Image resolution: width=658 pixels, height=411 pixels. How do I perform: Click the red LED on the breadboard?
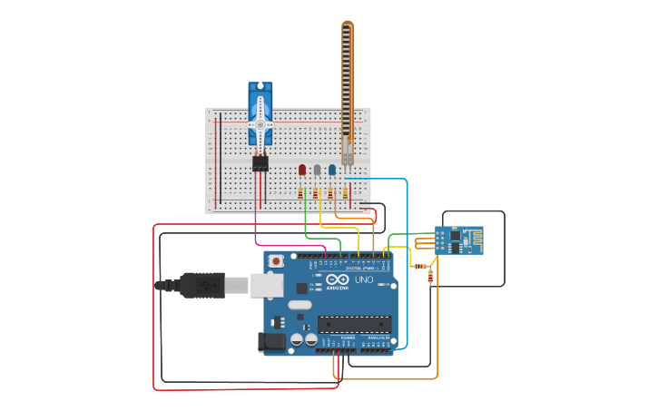click(x=302, y=169)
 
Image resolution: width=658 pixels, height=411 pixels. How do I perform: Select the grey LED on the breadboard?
click(x=317, y=169)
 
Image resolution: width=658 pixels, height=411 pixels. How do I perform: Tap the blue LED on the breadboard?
click(x=331, y=169)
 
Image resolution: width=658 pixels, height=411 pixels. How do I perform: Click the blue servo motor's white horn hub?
click(x=260, y=124)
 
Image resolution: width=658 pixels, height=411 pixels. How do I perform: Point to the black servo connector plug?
click(x=260, y=163)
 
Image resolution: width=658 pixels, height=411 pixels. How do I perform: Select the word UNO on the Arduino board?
click(x=363, y=280)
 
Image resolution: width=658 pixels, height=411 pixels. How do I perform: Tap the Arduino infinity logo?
click(x=334, y=280)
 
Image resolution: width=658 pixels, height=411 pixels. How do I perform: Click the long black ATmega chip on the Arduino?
click(x=354, y=323)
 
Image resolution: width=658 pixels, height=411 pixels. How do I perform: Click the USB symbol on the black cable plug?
click(x=205, y=285)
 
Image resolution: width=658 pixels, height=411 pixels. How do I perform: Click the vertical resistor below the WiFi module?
click(x=430, y=276)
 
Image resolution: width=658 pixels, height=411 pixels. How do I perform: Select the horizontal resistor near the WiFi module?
click(x=420, y=266)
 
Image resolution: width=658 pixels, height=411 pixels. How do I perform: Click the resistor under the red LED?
click(x=301, y=192)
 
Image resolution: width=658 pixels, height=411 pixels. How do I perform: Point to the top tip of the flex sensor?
click(x=347, y=24)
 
